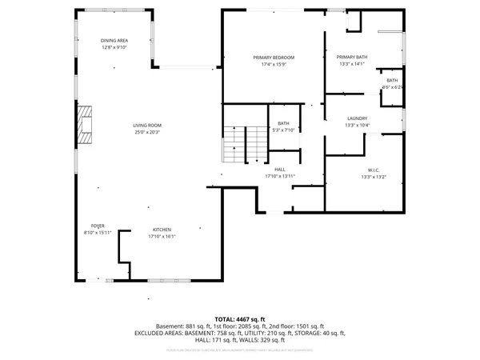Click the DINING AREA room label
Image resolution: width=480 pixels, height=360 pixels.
point(114,41)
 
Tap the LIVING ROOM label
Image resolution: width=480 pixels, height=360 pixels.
point(147,125)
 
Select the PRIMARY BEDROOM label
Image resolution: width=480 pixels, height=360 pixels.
point(274,58)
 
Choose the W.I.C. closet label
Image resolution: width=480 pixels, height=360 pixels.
point(373,170)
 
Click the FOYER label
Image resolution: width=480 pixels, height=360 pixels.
point(97,226)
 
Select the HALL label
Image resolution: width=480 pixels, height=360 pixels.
point(280,170)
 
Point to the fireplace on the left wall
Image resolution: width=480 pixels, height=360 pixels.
point(85,125)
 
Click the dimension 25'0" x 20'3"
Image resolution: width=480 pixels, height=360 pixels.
point(147,132)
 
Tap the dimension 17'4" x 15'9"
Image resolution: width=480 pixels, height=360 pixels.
point(274,65)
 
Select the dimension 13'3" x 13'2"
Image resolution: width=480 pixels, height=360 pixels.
point(373,177)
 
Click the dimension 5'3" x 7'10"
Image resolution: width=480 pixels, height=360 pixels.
point(283,130)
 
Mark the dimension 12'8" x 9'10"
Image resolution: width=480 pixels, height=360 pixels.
point(114,48)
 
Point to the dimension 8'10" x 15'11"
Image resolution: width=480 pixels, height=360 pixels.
point(97,233)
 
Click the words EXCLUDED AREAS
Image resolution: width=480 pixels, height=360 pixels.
point(158,332)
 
